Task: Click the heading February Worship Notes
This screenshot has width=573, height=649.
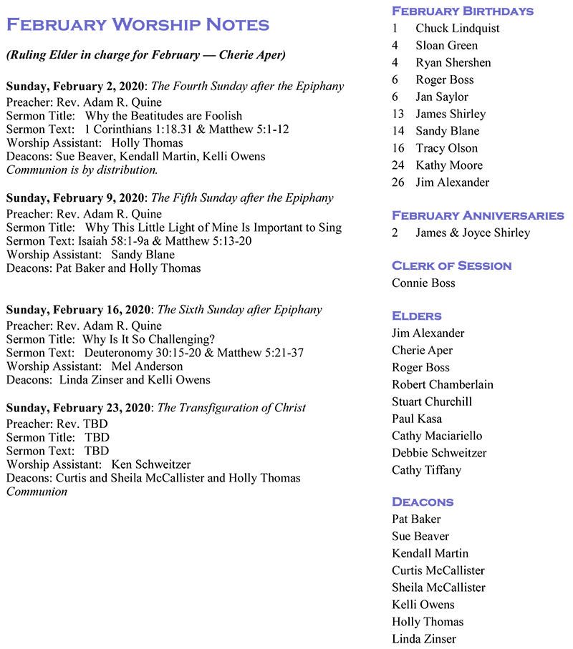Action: click(x=138, y=24)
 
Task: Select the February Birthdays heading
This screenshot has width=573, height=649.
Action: click(x=462, y=11)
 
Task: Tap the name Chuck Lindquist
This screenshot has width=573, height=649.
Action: click(x=457, y=28)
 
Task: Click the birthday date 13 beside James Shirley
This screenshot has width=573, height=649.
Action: click(x=398, y=114)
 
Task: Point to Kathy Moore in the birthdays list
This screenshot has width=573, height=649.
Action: click(x=448, y=165)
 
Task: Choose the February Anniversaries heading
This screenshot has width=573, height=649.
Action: click(x=478, y=215)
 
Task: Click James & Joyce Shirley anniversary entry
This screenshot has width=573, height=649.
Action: click(x=472, y=233)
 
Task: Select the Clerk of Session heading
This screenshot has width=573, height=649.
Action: click(x=451, y=265)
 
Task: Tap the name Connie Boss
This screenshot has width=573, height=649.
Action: click(x=423, y=283)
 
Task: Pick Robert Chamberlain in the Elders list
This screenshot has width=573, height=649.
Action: click(x=442, y=384)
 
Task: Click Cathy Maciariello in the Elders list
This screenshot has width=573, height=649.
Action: click(x=437, y=436)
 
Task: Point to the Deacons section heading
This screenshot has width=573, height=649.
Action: click(x=423, y=502)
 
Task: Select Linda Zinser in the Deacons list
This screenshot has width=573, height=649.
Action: click(x=423, y=639)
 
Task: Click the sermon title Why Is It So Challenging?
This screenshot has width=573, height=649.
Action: click(x=148, y=339)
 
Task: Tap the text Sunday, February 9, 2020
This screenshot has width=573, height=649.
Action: click(x=75, y=197)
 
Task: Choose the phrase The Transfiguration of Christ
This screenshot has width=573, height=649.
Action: click(x=231, y=408)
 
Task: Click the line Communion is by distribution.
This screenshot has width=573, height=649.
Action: click(x=82, y=170)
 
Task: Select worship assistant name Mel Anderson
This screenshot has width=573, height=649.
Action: click(x=147, y=366)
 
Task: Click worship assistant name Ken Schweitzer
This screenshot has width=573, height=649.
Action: click(x=150, y=464)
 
